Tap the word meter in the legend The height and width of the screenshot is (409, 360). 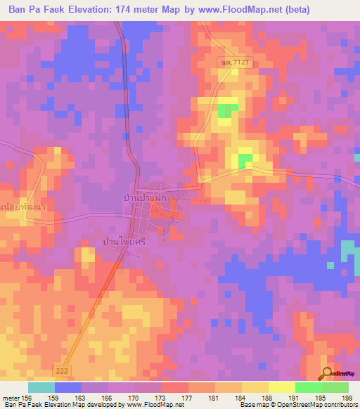click(x=11, y=397)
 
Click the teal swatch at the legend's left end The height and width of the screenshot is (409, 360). click(x=41, y=387)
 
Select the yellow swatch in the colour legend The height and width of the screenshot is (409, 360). click(x=255, y=387)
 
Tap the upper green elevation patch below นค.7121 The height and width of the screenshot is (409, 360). click(x=226, y=110)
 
